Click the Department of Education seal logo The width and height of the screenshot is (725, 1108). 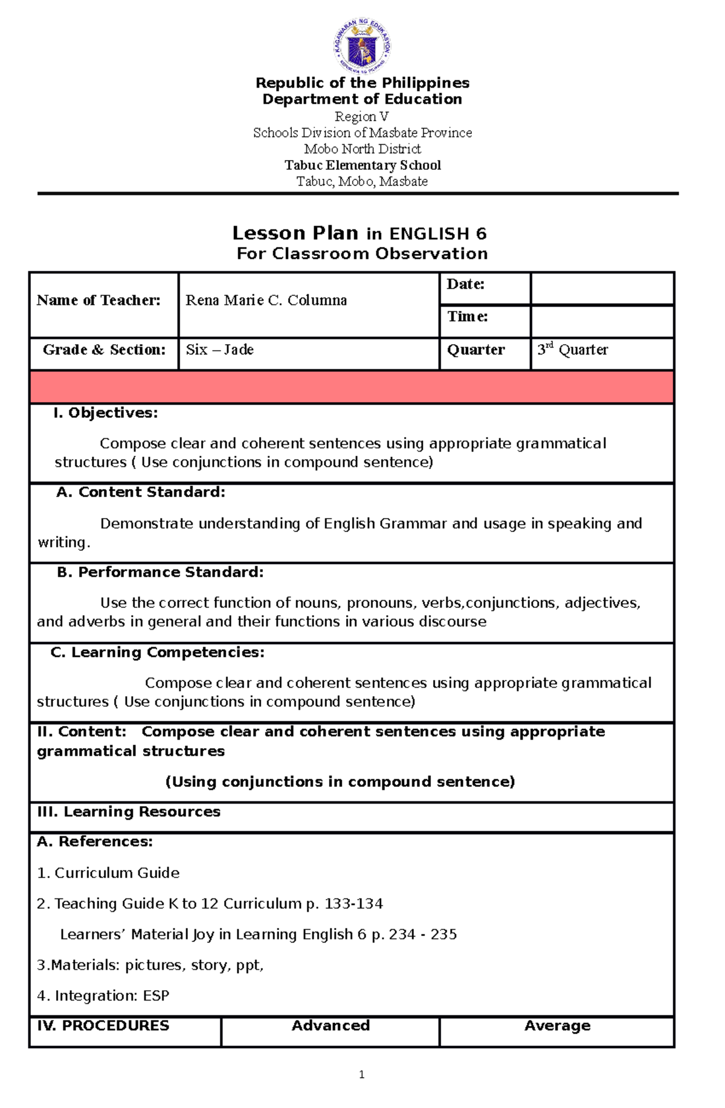pyautogui.click(x=362, y=46)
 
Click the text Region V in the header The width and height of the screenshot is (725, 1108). pyautogui.click(x=362, y=117)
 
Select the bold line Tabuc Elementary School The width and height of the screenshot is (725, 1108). pyautogui.click(x=362, y=165)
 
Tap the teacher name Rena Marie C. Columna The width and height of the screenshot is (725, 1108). pyautogui.click(x=266, y=301)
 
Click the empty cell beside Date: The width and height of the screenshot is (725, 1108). pyautogui.click(x=602, y=289)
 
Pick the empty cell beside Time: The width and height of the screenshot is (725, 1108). pyautogui.click(x=602, y=321)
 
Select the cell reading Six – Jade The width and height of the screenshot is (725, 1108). pyautogui.click(x=220, y=350)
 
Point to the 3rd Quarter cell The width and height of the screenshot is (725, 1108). pyautogui.click(x=573, y=350)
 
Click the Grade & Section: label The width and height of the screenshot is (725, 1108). pyautogui.click(x=104, y=350)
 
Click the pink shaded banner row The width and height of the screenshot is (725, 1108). pyautogui.click(x=352, y=387)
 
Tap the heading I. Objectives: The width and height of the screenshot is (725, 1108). pyautogui.click(x=106, y=413)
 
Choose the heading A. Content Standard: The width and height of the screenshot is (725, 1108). pyautogui.click(x=141, y=493)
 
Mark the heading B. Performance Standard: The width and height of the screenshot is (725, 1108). pyautogui.click(x=160, y=572)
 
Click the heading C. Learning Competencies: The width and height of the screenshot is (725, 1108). pyautogui.click(x=157, y=653)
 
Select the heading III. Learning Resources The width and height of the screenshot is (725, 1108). pyautogui.click(x=129, y=812)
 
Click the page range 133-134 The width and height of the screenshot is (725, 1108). pyautogui.click(x=353, y=904)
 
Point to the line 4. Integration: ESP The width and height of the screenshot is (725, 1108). pyautogui.click(x=103, y=996)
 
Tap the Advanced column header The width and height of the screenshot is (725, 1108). pyautogui.click(x=330, y=1026)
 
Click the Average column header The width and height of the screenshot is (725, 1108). pyautogui.click(x=557, y=1026)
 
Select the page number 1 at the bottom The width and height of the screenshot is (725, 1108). pyautogui.click(x=361, y=1075)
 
